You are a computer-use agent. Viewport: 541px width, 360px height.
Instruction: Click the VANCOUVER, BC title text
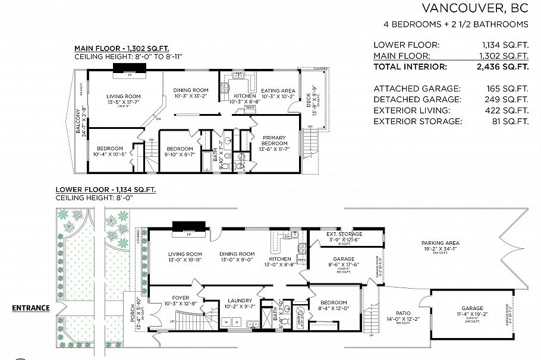click(x=474, y=8)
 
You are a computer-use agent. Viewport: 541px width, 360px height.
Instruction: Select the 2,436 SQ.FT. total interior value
click(x=505, y=67)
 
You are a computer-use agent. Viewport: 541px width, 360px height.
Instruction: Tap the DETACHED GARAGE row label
click(x=408, y=99)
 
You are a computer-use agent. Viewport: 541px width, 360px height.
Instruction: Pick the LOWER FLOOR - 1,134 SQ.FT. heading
click(x=105, y=190)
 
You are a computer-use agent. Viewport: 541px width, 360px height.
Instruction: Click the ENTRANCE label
click(x=31, y=308)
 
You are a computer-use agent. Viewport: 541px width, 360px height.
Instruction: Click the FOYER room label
click(x=180, y=299)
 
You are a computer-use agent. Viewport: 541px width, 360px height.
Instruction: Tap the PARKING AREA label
click(x=441, y=243)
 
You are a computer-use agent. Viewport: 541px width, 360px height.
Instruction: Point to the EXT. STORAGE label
click(x=344, y=234)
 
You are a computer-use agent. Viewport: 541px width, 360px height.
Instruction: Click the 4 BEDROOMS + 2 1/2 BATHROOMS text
click(x=456, y=24)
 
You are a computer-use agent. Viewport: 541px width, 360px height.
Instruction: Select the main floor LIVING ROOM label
click(x=123, y=96)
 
